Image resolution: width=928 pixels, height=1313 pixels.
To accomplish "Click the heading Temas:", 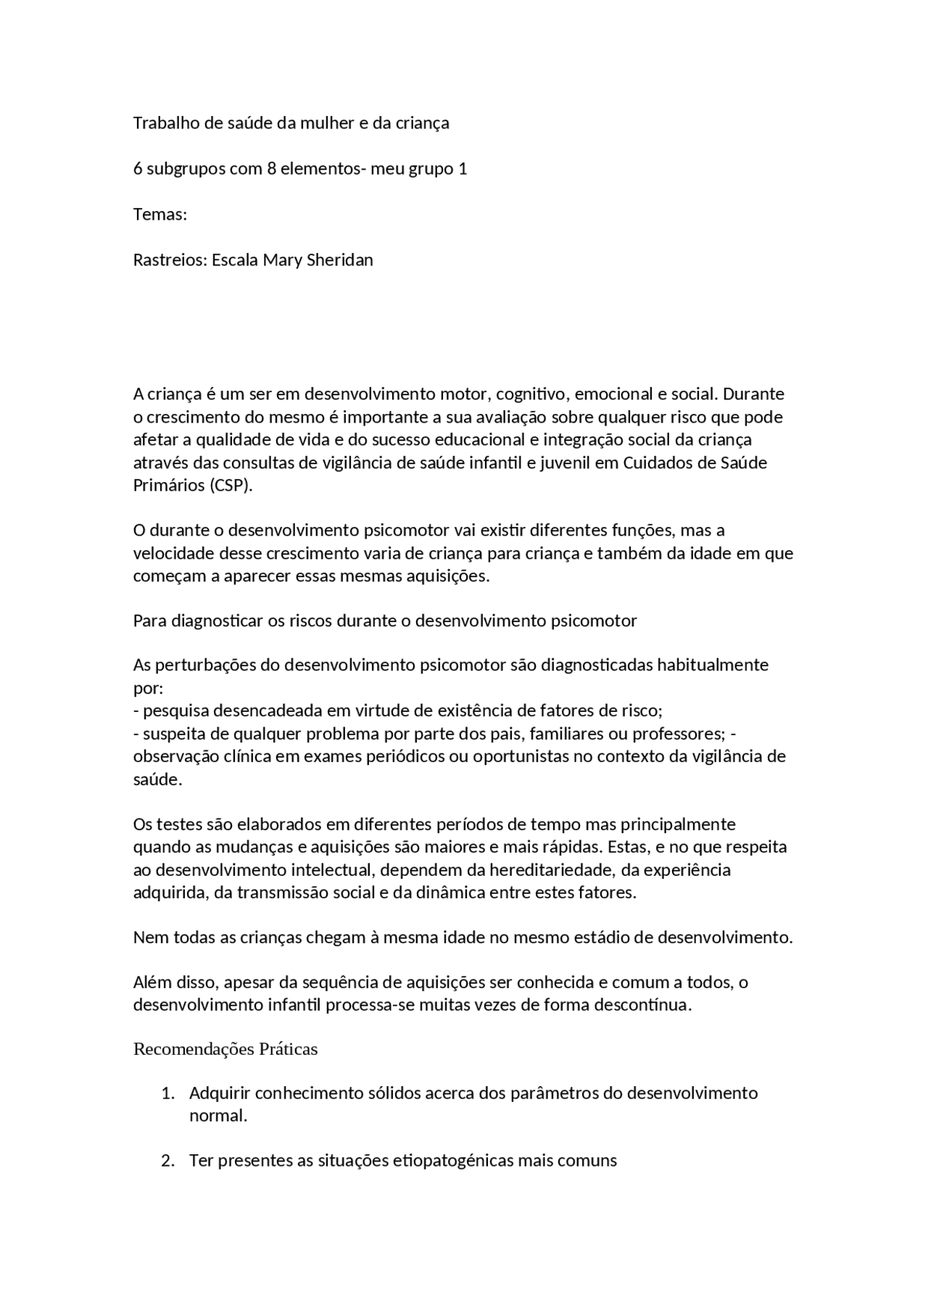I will (160, 215).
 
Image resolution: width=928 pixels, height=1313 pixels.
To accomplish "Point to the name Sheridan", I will (340, 260).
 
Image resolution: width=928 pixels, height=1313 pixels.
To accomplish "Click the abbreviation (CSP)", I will (231, 486).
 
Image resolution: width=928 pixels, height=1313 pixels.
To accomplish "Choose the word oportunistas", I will (521, 757).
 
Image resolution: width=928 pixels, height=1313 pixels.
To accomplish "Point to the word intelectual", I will (330, 870).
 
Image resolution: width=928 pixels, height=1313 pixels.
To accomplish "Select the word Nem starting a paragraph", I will (148, 937).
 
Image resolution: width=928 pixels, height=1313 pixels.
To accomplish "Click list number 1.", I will (167, 1093).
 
